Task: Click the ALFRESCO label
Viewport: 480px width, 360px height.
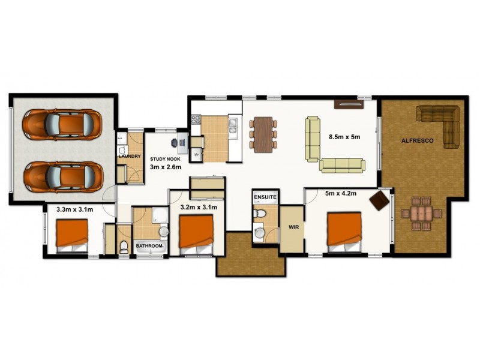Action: [x=414, y=141]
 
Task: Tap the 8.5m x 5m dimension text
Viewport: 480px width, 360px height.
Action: [x=344, y=137]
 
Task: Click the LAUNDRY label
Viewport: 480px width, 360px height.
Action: [x=130, y=157]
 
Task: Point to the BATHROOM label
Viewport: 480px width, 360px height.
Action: [x=149, y=246]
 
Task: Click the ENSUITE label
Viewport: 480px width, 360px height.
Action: [x=265, y=197]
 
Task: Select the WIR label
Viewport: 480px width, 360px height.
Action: [x=293, y=228]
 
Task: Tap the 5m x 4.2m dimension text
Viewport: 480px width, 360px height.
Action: [x=341, y=194]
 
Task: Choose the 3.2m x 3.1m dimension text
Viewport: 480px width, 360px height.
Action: [x=199, y=207]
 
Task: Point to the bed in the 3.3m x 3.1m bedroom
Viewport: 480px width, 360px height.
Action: [x=72, y=235]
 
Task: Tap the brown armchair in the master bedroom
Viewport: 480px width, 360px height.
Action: [x=379, y=200]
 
